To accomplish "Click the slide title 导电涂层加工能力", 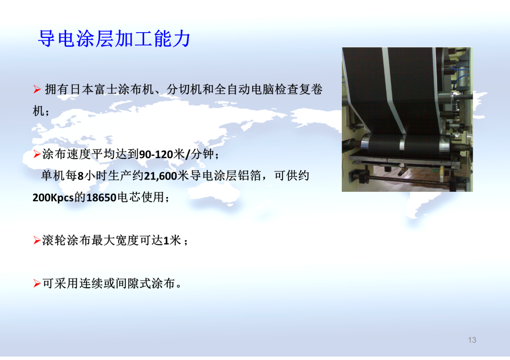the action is [x=114, y=39].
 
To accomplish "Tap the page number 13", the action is [x=472, y=340].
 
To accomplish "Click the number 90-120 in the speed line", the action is [x=156, y=154].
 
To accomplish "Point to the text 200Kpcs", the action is [x=53, y=197].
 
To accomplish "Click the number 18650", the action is [x=101, y=197].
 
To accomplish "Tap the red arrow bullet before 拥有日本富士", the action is [x=37, y=89].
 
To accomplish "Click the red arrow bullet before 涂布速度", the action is [x=37, y=154].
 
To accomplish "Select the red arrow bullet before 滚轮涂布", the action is [x=37, y=240].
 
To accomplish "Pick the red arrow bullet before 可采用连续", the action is [x=37, y=283].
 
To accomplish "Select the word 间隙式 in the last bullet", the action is [x=133, y=283].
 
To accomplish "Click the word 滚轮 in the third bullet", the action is [x=54, y=240].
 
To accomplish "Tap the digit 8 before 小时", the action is [x=81, y=176].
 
